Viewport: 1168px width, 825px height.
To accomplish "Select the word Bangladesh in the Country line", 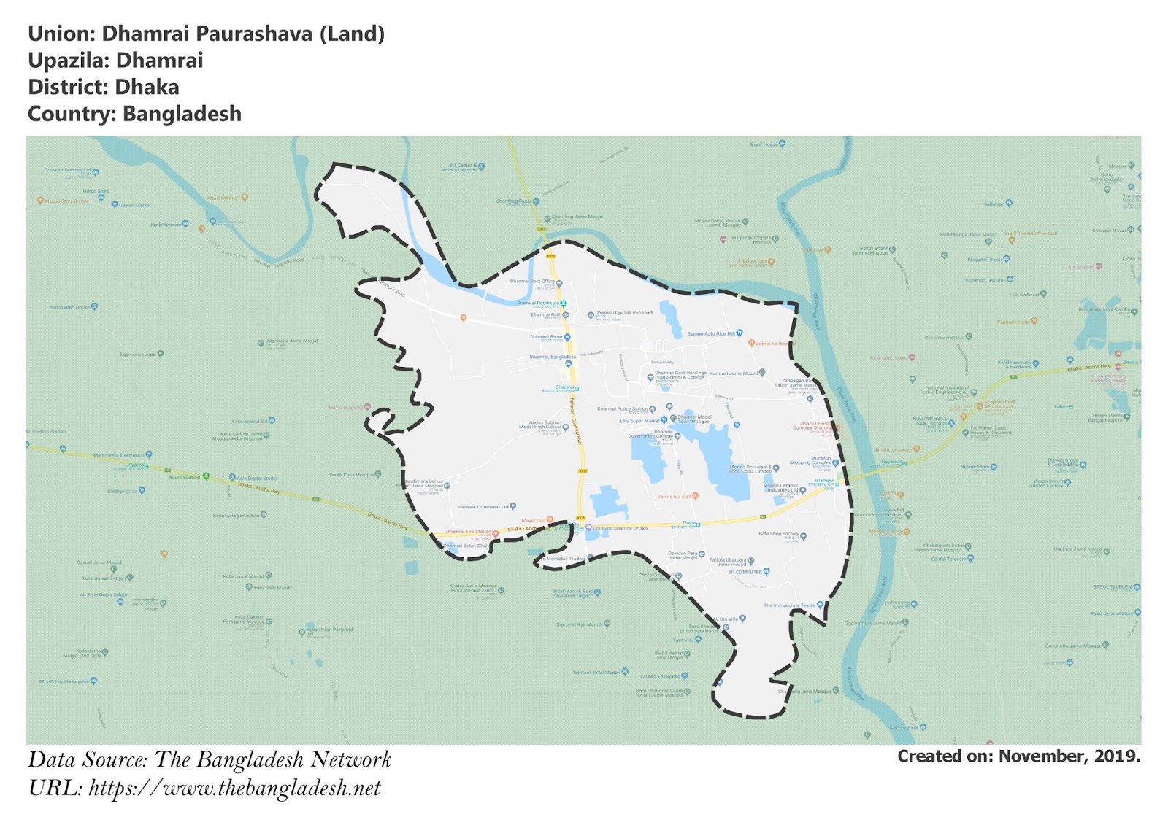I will (x=182, y=115).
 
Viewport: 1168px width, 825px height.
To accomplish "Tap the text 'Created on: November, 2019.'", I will (x=1018, y=756).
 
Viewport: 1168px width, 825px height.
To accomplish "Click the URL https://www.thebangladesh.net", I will (x=234, y=789).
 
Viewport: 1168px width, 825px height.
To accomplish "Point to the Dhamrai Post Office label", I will (x=532, y=282).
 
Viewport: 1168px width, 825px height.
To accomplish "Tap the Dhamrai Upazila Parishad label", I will (x=623, y=313).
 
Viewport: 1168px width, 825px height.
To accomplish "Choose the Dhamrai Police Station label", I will (x=622, y=409).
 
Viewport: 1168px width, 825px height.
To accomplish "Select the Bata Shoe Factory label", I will (x=778, y=534).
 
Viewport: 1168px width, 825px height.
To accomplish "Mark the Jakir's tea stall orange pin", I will (x=695, y=496).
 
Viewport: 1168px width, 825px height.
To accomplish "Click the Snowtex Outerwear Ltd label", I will (x=483, y=507).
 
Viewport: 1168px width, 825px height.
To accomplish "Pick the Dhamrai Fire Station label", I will (x=468, y=532).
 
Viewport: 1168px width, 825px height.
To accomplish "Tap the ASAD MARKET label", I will (x=223, y=198).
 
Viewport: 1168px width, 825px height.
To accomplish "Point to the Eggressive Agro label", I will (x=138, y=355).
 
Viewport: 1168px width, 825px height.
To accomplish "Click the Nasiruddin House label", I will (x=70, y=308).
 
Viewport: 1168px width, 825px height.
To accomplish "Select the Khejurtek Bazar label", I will (x=985, y=260).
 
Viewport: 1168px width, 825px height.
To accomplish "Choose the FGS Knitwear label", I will (x=1024, y=295).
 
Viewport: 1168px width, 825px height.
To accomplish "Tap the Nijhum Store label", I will (x=975, y=467).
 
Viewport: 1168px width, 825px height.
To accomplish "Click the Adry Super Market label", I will (x=639, y=421).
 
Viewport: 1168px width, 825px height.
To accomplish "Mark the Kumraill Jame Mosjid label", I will (x=734, y=373).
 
